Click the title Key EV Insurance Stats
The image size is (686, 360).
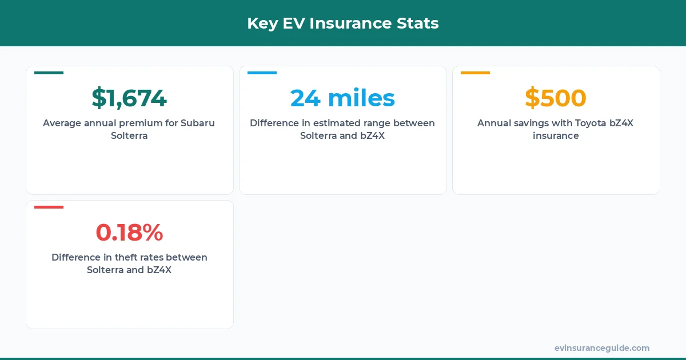coord(342,23)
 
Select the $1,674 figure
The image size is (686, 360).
coord(129,98)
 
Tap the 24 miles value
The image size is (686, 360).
coord(342,98)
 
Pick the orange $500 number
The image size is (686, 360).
coord(556,98)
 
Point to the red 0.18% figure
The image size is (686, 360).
coord(129,233)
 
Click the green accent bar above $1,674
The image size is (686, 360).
coord(49,73)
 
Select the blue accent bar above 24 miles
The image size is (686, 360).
coord(262,73)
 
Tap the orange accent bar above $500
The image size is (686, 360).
coord(475,73)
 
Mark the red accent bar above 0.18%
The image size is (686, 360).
coord(49,207)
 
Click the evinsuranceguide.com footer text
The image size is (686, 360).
coord(602,348)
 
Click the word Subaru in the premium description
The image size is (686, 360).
coord(198,123)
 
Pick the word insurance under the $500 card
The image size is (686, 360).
coord(556,136)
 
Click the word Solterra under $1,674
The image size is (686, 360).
coord(129,136)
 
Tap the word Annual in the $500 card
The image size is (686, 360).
coord(493,123)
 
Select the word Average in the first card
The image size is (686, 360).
coord(62,123)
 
